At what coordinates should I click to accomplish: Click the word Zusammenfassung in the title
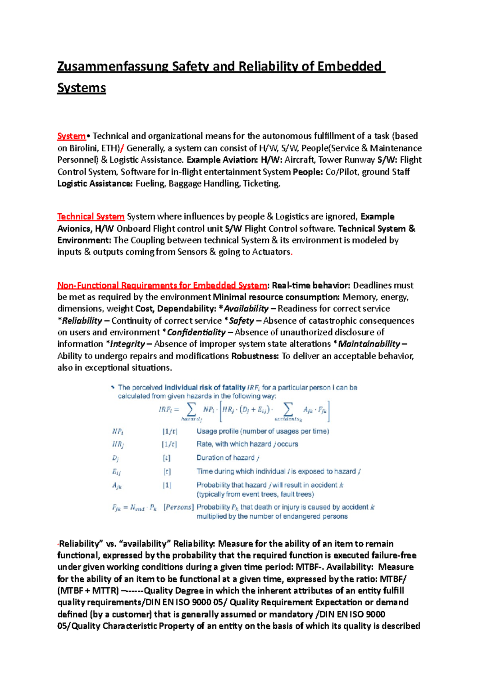113,66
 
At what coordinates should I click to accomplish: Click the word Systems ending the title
81,88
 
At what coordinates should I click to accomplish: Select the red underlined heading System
71,136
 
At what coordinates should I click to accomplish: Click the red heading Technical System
91,217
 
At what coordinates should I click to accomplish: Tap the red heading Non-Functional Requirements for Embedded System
162,285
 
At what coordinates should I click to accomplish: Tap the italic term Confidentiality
196,333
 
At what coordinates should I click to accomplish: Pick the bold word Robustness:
255,356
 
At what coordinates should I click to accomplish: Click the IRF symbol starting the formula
165,409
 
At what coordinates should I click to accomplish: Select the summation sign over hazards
192,409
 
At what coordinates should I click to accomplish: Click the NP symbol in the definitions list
117,431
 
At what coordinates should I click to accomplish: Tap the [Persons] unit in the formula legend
178,507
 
